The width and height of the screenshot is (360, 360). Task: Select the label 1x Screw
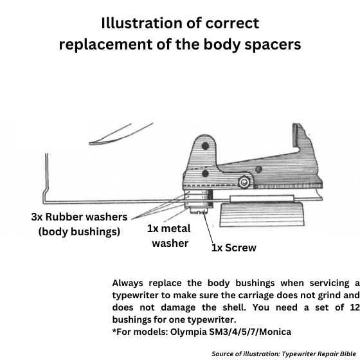[x=234, y=248]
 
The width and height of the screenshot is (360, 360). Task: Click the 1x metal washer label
[x=169, y=236]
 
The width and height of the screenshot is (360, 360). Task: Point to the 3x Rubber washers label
[x=79, y=217]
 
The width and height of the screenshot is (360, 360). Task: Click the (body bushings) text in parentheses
[x=79, y=231]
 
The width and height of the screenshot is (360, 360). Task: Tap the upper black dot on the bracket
[x=205, y=146]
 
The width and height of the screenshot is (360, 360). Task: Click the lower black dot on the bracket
[x=205, y=174]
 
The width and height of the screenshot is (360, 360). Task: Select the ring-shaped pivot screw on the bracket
[x=244, y=183]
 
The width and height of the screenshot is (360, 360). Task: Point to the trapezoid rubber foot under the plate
[x=262, y=215]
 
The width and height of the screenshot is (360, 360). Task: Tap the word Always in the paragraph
[x=128, y=283]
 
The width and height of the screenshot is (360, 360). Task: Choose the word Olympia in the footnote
[x=188, y=332]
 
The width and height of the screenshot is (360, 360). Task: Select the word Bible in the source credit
[x=347, y=354]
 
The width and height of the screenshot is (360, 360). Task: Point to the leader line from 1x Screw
[x=208, y=228]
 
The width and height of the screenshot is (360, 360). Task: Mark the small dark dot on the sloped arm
[x=258, y=169]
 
